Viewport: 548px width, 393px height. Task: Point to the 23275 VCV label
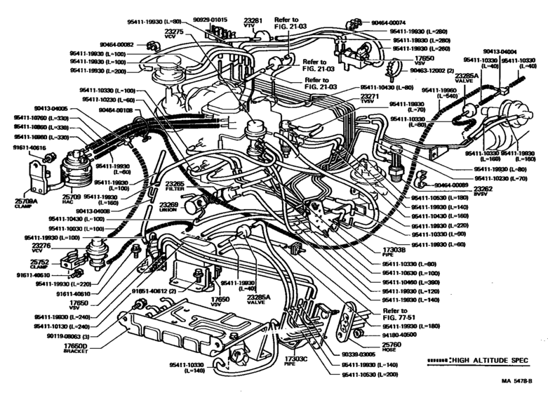tap(174, 34)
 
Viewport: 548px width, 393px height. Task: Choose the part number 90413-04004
tap(499, 51)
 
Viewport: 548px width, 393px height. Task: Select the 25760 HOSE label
tap(391, 347)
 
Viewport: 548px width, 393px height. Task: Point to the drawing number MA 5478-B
tap(518, 380)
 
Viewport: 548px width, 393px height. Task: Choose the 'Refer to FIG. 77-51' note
tap(395, 314)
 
